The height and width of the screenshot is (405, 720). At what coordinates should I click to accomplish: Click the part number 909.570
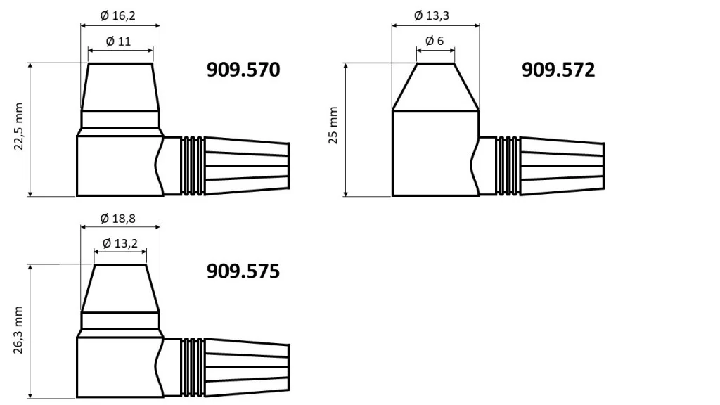pos(243,70)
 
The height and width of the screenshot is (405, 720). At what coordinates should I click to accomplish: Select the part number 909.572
pos(558,70)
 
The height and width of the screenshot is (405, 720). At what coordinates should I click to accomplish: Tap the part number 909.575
pos(243,271)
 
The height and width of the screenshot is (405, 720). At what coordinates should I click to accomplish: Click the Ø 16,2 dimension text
pos(118,14)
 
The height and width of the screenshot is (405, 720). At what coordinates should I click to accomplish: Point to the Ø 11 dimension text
pos(119,41)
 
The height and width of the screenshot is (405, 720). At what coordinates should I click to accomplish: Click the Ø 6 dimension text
pos(435,41)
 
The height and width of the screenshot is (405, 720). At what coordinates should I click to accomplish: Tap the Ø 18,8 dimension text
pos(118,218)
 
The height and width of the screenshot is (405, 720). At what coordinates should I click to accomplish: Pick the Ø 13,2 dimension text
pos(120,243)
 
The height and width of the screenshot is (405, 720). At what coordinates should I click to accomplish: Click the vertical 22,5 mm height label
pos(19,127)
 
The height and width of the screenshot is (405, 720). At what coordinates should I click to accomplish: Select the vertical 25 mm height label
pos(333,126)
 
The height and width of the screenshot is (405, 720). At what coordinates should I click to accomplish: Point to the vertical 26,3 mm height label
pos(19,330)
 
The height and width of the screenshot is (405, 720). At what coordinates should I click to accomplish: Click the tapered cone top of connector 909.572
pos(435,87)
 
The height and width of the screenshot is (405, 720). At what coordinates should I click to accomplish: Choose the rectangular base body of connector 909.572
pos(434,153)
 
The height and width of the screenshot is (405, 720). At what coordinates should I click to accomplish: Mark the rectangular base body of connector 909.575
pos(116,367)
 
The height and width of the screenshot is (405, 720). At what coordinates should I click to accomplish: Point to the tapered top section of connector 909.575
pos(120,288)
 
